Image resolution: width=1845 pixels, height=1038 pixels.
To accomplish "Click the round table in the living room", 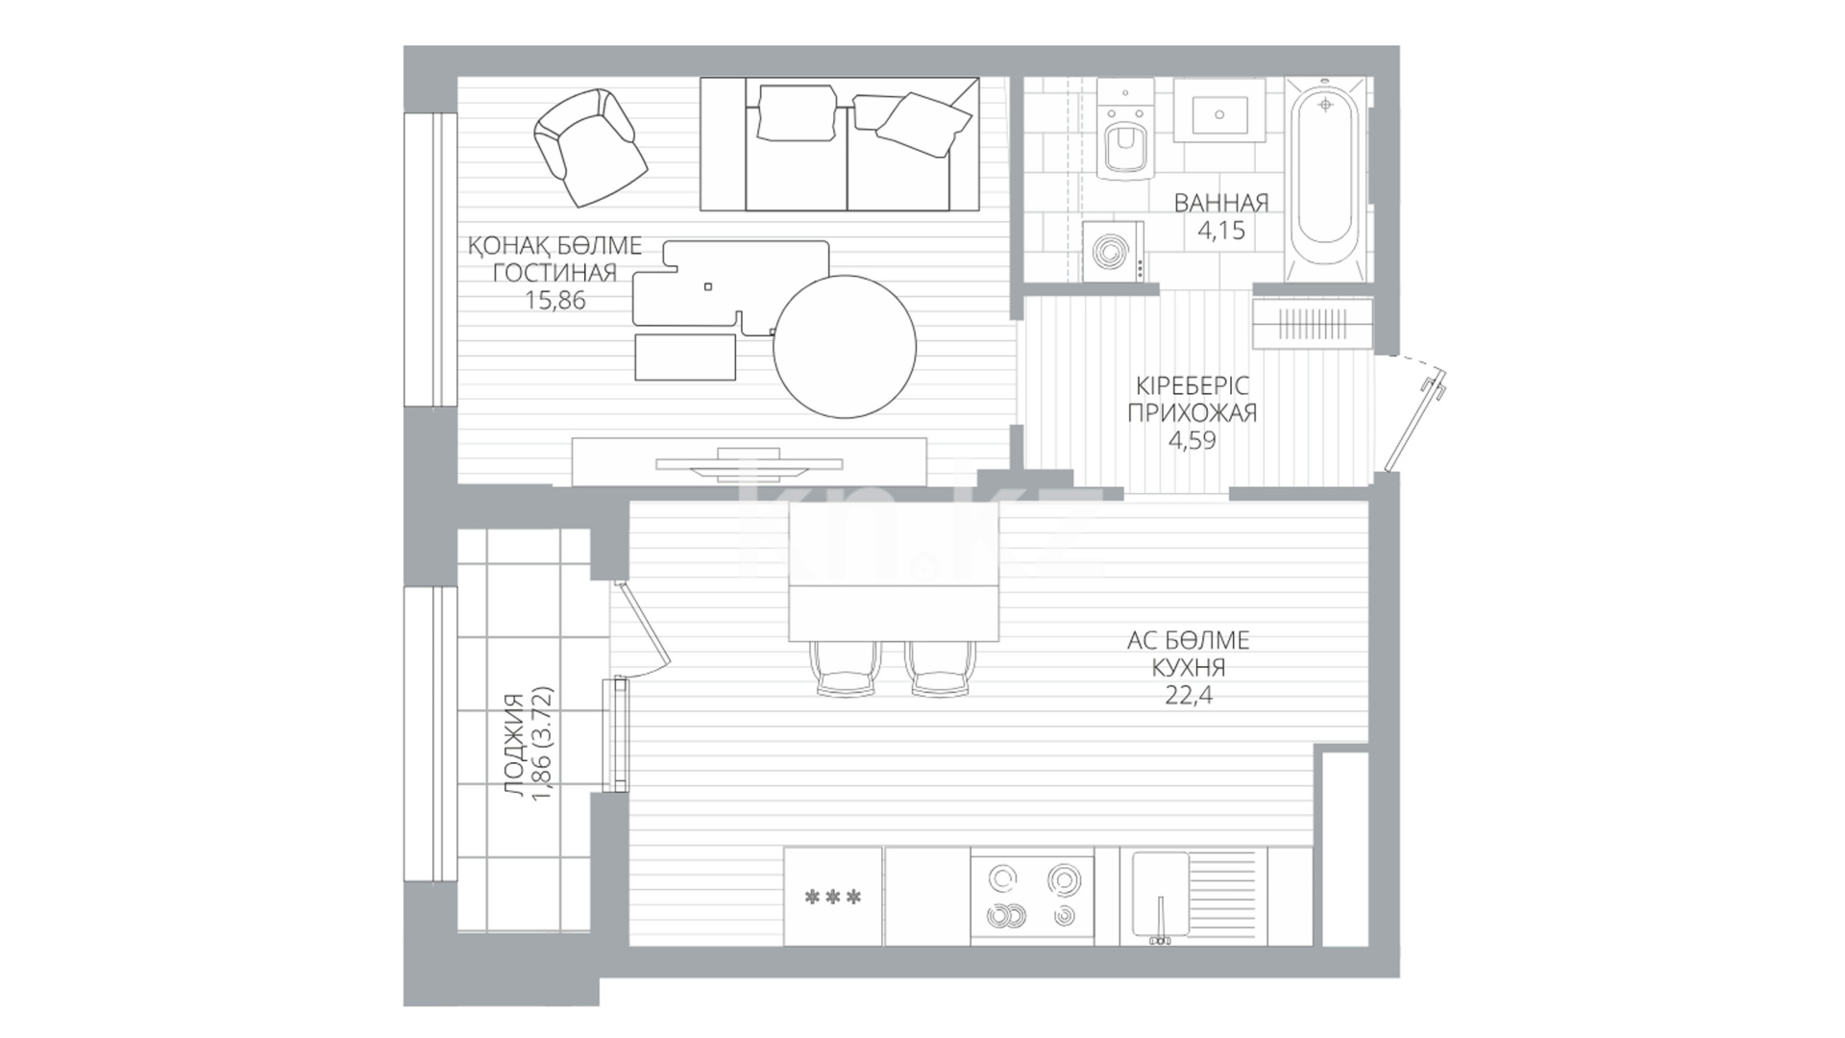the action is [x=845, y=346].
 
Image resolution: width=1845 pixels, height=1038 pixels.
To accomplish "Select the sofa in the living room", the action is [x=839, y=144].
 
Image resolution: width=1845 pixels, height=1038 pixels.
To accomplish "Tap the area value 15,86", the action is [x=554, y=300].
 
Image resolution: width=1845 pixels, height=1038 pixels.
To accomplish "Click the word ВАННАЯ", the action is [x=1220, y=203].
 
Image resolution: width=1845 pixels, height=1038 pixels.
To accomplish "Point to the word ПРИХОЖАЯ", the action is [x=1192, y=413].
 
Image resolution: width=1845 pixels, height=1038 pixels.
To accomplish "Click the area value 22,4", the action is [x=1189, y=695].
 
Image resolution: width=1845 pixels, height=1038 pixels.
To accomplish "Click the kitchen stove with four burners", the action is [x=1031, y=896].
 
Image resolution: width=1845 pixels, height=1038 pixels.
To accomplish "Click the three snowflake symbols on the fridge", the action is [x=832, y=898].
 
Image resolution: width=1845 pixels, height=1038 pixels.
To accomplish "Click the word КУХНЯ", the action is [x=1189, y=667].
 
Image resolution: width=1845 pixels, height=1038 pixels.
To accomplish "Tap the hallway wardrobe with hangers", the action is [x=1313, y=323].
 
